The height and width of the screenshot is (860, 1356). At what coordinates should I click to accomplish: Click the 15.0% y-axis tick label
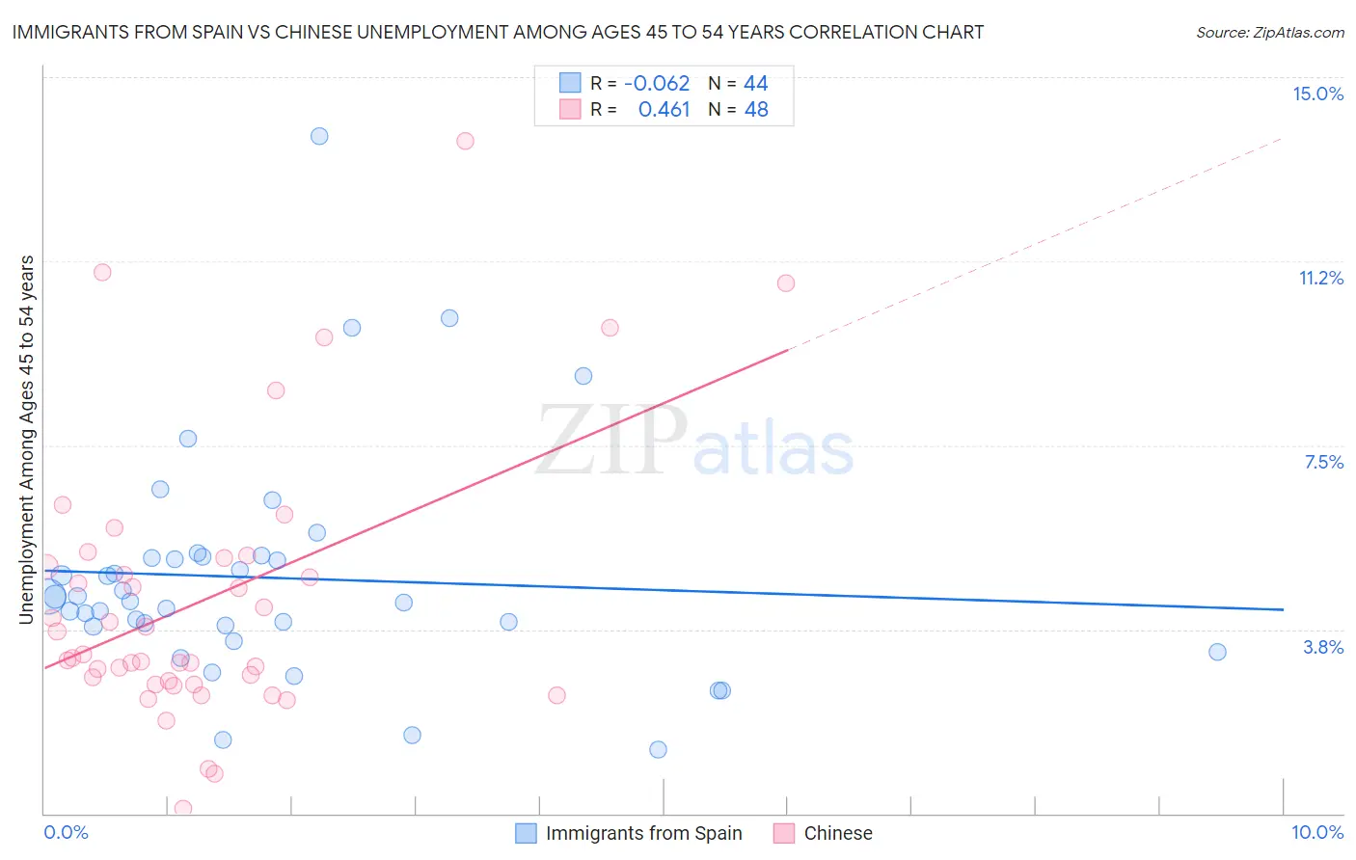point(1317,94)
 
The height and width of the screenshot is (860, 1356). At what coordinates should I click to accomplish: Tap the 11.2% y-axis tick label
point(1320,278)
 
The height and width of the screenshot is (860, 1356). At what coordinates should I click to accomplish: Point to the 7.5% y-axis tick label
point(1323,462)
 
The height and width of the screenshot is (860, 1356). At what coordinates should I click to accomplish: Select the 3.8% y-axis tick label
point(1323,647)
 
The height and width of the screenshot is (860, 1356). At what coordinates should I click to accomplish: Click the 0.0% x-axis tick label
point(66,832)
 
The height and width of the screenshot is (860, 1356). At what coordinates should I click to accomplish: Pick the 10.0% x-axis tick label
point(1316,832)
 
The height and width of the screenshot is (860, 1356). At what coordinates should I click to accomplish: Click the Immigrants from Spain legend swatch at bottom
point(526,833)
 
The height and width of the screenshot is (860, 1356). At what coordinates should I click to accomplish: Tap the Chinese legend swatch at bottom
point(784,833)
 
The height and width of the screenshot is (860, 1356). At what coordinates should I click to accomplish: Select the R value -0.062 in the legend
point(657,84)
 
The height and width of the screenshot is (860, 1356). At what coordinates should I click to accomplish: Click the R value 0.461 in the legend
point(664,110)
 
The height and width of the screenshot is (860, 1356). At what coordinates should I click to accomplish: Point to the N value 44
point(755,84)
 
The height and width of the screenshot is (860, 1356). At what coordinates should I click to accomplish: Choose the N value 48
point(756,110)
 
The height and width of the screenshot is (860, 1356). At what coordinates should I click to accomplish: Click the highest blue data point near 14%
point(319,136)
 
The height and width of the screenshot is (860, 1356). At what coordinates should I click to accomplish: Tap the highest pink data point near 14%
point(465,141)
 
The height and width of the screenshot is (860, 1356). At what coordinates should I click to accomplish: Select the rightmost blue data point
point(1217,652)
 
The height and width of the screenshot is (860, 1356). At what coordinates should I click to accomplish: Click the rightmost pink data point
point(786,282)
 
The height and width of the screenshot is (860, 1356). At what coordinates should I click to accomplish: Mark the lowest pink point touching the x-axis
point(183,808)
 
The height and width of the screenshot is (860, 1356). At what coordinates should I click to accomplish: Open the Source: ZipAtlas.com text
point(1269,32)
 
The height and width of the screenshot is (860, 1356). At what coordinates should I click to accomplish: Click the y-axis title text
point(27,440)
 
